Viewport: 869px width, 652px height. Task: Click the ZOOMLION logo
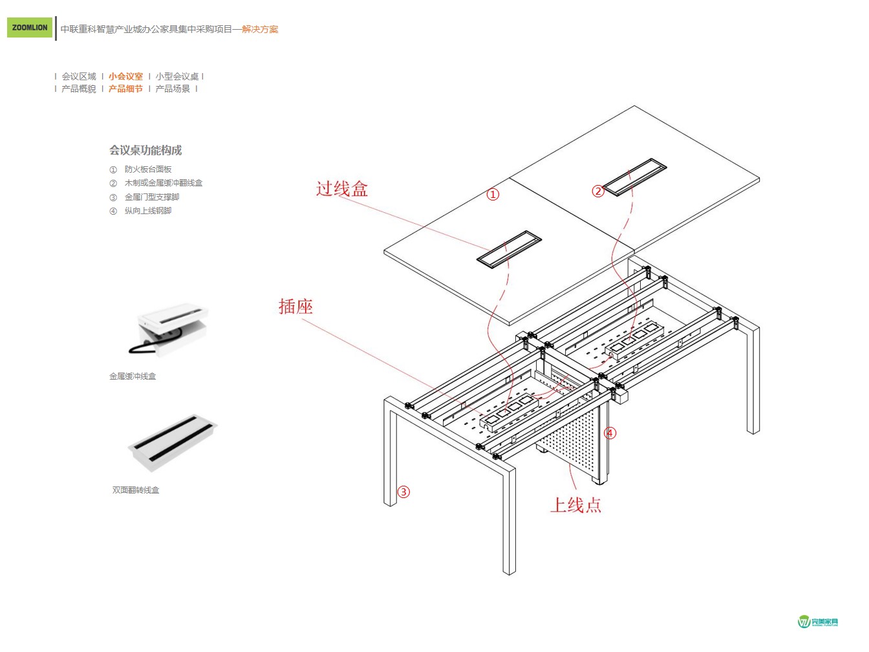30,28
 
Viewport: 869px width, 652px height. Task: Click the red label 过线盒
341,189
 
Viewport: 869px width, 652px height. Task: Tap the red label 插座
295,307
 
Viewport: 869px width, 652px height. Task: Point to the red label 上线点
575,505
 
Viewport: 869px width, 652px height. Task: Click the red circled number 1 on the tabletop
493,194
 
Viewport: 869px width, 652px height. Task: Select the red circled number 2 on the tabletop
598,191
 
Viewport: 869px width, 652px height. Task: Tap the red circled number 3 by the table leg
403,492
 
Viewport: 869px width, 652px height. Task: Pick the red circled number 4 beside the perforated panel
610,433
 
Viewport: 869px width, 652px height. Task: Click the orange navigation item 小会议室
125,76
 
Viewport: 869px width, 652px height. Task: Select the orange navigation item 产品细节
125,89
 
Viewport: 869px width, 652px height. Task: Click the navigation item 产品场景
173,89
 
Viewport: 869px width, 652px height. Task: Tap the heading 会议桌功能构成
145,150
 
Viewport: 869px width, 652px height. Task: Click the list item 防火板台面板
148,169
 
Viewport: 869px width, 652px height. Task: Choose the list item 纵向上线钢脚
148,211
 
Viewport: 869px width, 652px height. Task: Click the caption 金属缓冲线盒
133,376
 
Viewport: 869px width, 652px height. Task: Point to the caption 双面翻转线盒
136,490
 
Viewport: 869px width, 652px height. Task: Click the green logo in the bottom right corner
818,622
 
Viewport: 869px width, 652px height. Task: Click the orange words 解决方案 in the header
260,29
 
